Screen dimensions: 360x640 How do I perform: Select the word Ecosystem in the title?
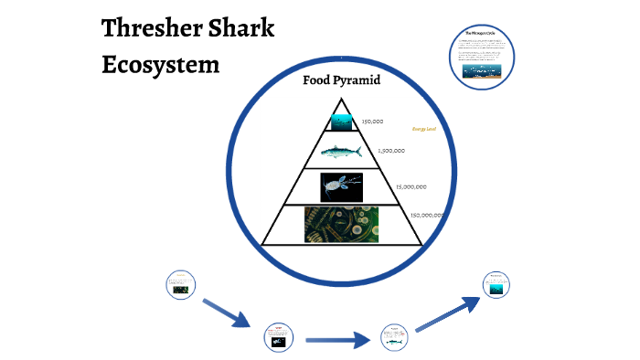161,66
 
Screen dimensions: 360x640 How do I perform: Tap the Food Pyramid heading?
341,80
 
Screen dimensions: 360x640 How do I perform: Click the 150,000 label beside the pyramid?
372,122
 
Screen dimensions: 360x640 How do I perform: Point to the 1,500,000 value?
390,151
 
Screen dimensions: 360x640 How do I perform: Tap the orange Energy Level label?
424,130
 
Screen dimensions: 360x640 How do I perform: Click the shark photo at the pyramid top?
341,121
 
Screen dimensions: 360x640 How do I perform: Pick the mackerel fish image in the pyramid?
341,151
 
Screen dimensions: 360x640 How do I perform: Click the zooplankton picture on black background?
341,186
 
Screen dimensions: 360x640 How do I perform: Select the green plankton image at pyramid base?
341,224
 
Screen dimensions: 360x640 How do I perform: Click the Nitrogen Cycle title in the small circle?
481,35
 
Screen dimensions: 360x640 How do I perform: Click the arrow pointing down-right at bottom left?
226,312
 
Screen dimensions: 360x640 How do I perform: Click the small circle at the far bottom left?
180,284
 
